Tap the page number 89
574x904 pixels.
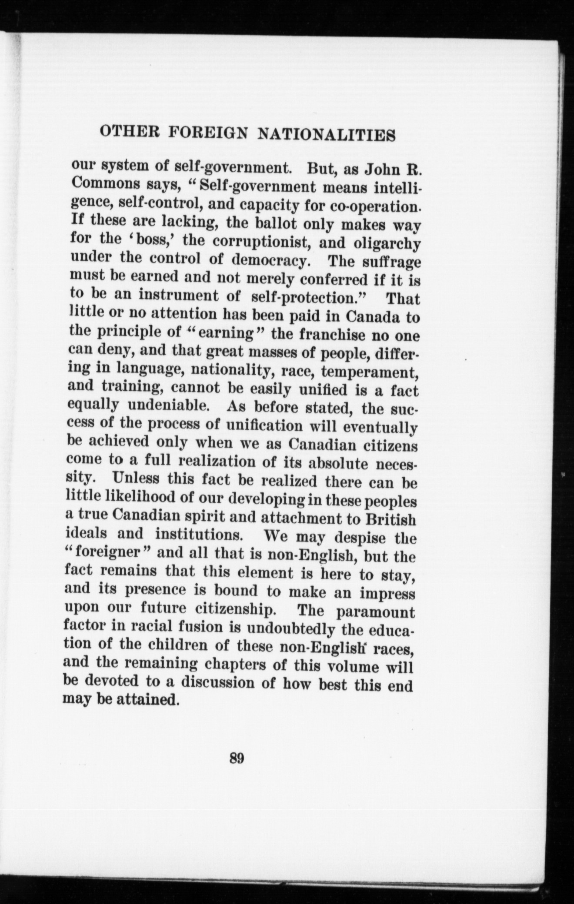(237, 758)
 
